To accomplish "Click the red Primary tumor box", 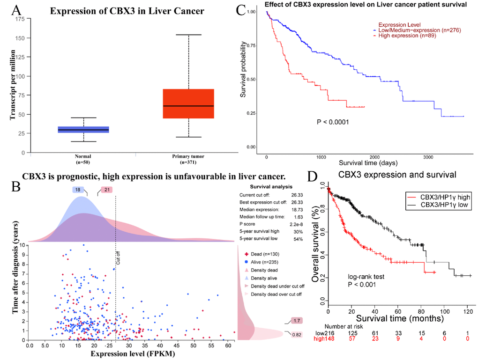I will point(188,103).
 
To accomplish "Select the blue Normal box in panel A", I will point(83,130).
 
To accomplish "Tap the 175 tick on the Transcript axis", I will point(20,19).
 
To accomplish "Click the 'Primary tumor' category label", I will point(188,155).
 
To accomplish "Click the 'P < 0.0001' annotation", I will point(333,122).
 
